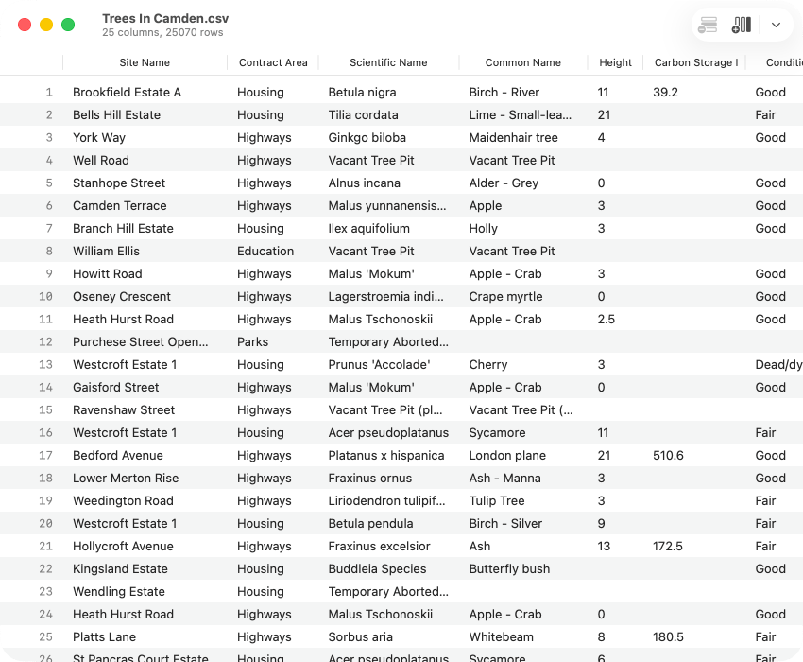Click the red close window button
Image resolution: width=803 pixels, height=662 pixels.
tap(25, 26)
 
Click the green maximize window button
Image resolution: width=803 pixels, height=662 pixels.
tap(68, 26)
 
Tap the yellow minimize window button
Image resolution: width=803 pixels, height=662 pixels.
tap(46, 26)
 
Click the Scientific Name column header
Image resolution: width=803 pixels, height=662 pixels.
tap(388, 62)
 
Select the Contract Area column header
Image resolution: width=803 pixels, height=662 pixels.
tap(273, 62)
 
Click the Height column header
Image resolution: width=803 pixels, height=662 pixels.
tap(615, 62)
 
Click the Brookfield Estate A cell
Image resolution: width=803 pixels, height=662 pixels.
tap(127, 93)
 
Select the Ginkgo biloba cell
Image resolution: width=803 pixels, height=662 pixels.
tap(367, 138)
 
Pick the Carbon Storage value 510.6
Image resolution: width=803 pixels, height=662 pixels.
tap(668, 456)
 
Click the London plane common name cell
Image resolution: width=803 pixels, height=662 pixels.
tap(507, 456)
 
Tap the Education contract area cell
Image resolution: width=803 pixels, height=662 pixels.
tap(265, 252)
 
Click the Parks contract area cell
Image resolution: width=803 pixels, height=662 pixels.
tap(252, 342)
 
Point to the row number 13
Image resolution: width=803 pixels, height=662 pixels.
tap(46, 365)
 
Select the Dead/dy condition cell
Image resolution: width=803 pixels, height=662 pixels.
tap(777, 365)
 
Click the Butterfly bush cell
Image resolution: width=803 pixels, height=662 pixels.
tap(509, 569)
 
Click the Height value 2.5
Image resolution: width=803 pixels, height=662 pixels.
tap(606, 320)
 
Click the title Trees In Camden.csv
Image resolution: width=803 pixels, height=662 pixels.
tap(165, 19)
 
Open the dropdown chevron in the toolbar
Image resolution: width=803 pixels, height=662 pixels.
tap(776, 26)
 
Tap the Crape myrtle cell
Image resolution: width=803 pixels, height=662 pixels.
tap(505, 297)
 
